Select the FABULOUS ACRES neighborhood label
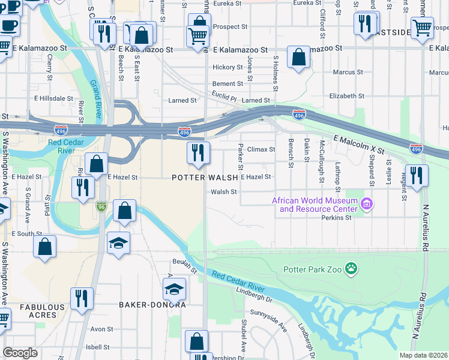coord(42,311)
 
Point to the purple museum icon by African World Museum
coord(367,205)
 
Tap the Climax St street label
coord(261,149)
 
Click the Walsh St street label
coord(224,192)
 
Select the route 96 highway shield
coord(103,206)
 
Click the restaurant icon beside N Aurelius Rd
coord(417,175)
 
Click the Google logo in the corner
coord(20,353)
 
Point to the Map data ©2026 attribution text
coord(423,355)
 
